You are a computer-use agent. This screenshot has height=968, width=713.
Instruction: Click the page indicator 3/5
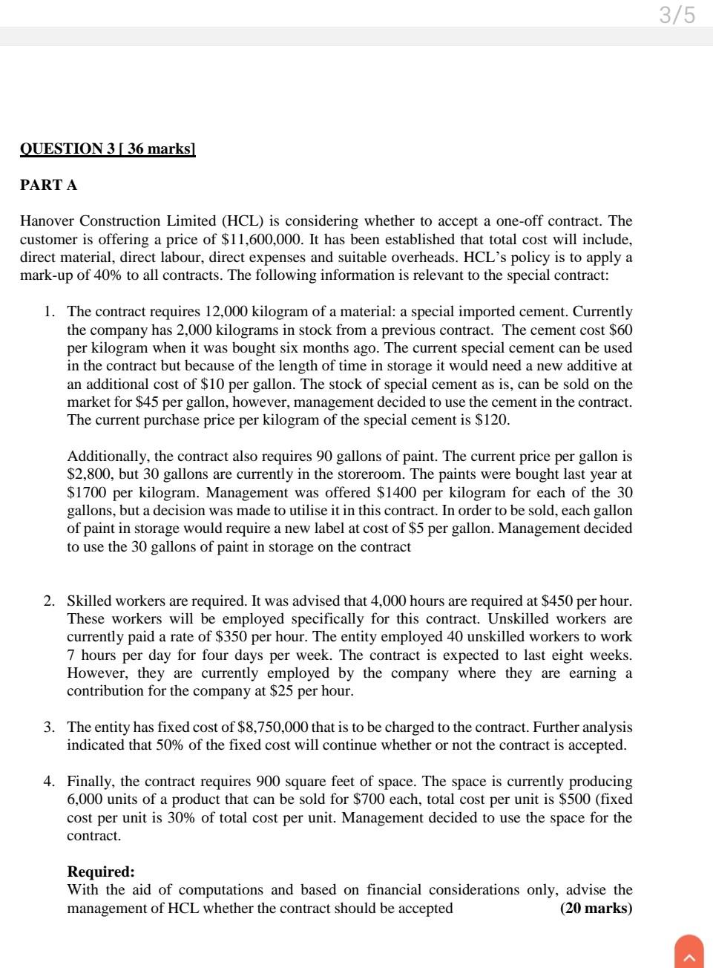677,14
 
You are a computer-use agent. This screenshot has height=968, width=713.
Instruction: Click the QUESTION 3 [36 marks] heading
108,148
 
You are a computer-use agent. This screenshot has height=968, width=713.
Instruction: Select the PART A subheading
48,185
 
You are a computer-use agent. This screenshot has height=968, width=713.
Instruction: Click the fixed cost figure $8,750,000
272,727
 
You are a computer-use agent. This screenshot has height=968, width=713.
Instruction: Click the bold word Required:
101,871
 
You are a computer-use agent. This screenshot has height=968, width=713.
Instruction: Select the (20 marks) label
596,908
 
